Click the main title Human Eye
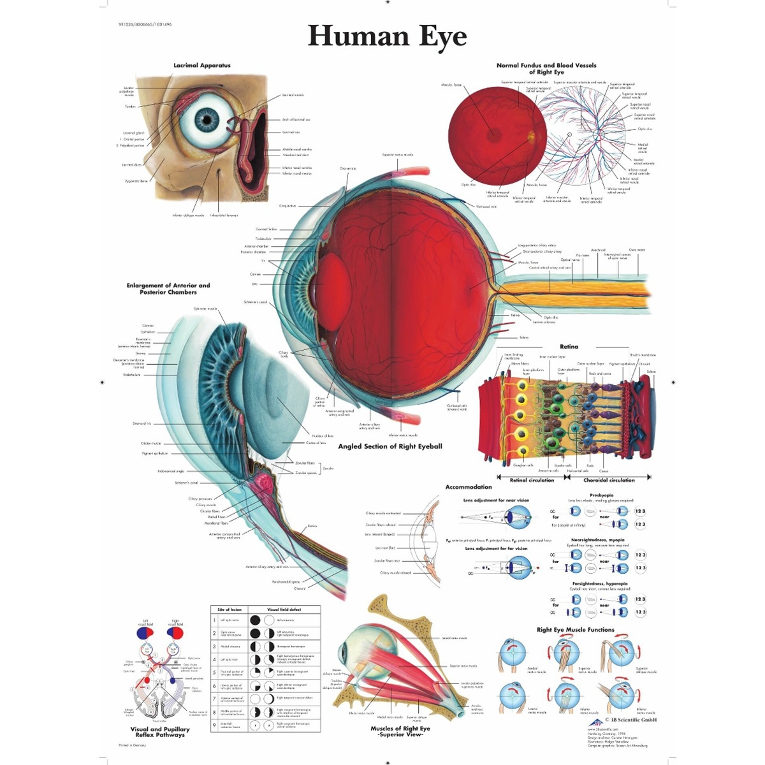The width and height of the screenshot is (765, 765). (x=387, y=37)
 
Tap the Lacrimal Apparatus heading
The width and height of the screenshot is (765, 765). (x=202, y=66)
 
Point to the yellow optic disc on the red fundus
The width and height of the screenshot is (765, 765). (x=533, y=135)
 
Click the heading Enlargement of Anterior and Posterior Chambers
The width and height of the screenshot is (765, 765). (x=168, y=289)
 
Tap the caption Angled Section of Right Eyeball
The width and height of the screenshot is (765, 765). (x=390, y=446)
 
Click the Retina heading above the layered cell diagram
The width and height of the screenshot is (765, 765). (x=569, y=347)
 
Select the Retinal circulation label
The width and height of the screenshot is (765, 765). (x=532, y=480)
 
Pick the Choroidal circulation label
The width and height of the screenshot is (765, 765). (x=609, y=480)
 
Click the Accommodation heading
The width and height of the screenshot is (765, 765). (x=469, y=488)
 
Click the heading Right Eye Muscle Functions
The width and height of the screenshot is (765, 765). (x=575, y=630)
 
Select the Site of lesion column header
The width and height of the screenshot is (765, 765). (x=229, y=609)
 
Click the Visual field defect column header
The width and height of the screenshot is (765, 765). (x=284, y=609)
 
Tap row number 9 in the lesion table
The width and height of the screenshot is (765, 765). (x=215, y=725)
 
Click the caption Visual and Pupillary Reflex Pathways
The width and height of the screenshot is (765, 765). (x=160, y=732)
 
